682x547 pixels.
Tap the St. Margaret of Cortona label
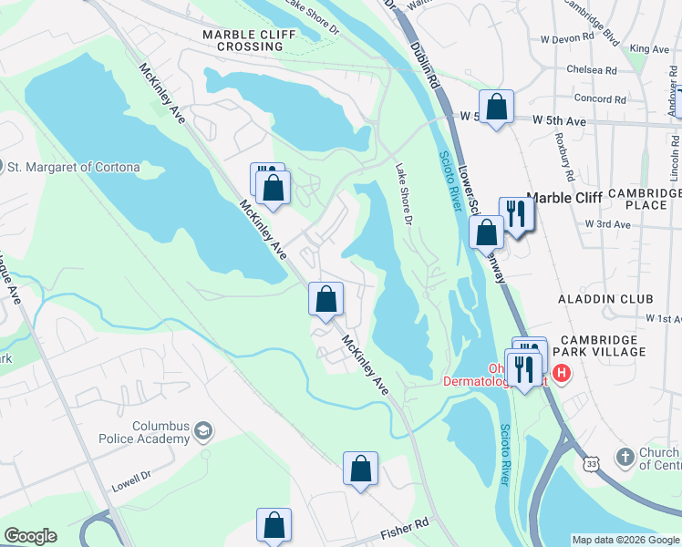click(x=74, y=167)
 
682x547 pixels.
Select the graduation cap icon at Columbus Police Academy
click(x=205, y=429)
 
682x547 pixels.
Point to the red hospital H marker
click(x=561, y=373)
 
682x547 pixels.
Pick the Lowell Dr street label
click(x=132, y=476)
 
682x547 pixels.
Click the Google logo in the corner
click(x=30, y=536)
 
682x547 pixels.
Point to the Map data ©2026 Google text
click(x=625, y=540)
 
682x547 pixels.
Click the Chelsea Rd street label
click(x=591, y=69)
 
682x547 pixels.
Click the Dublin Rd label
click(x=426, y=67)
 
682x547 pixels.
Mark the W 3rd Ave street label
click(x=608, y=223)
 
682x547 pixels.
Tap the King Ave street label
click(x=649, y=48)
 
